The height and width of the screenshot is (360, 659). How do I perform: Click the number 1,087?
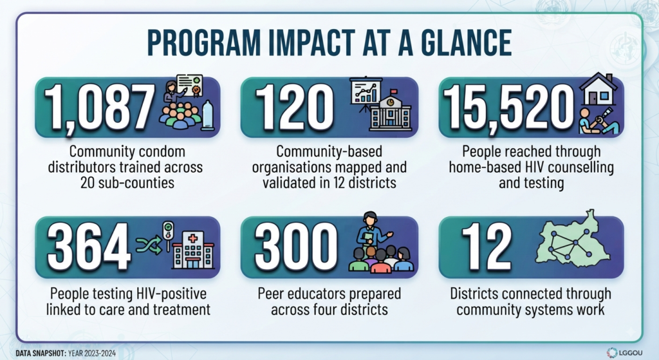point(99,107)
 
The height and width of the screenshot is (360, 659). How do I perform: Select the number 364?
point(89,247)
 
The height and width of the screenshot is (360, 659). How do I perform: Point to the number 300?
point(296,247)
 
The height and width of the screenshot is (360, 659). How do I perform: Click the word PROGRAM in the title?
point(204,43)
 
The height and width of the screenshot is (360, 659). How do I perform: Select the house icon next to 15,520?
point(599,89)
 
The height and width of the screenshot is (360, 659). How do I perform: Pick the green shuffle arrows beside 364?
point(149,245)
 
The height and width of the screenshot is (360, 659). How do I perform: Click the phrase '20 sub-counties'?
point(127,182)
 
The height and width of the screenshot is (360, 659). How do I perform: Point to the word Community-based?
point(329,151)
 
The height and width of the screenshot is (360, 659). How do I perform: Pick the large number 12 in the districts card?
point(487,247)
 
